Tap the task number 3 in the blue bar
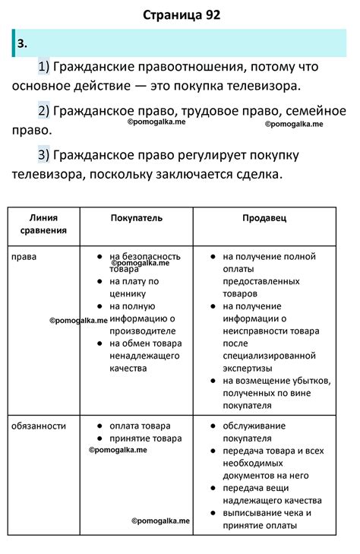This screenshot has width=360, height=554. pos(22,43)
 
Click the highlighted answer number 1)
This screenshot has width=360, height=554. pos(43,67)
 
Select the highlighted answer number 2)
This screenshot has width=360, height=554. pos(43,112)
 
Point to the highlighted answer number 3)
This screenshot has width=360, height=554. pos(43,156)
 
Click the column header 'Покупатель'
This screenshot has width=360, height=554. pos(136,217)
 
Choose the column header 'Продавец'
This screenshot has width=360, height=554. pos(264,217)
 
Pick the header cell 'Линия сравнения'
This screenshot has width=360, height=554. pos(43,223)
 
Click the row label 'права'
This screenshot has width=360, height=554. pos(24,257)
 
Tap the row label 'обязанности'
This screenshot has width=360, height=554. pos(39,426)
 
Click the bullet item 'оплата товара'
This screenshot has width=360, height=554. pos(140,426)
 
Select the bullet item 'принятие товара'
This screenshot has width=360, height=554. pos(144,438)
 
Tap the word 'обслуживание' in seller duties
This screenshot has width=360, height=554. pos(257,426)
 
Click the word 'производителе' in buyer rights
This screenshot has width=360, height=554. pos(142,331)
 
